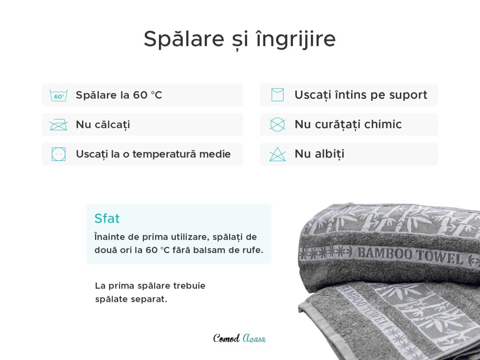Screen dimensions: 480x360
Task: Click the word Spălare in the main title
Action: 184,39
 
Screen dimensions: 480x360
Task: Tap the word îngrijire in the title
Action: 296,39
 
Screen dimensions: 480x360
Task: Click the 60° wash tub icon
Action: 59,95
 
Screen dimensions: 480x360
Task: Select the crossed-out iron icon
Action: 59,125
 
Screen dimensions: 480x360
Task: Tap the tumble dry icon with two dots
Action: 59,154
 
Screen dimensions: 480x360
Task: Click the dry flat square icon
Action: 277,95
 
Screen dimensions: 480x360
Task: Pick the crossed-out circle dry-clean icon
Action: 277,124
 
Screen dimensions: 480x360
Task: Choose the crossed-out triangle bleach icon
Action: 277,154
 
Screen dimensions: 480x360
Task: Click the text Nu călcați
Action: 103,125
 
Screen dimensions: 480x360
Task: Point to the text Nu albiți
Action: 319,154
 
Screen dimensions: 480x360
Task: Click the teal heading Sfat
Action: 107,218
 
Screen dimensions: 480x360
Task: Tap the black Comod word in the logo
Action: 226,338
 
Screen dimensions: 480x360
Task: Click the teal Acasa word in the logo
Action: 254,338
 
